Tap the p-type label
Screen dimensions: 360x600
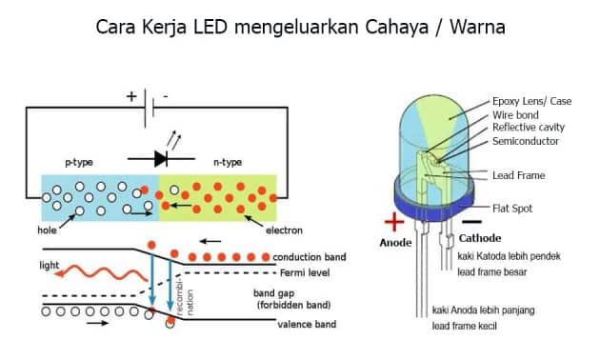81,163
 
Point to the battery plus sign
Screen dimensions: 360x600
130,96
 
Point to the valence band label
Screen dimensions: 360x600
307,324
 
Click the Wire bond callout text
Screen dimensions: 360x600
516,114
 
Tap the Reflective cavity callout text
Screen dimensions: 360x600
530,128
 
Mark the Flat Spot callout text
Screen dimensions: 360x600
511,208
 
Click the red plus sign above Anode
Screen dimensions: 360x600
391,223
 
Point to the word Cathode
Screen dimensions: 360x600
480,238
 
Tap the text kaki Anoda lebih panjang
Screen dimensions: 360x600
485,311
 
